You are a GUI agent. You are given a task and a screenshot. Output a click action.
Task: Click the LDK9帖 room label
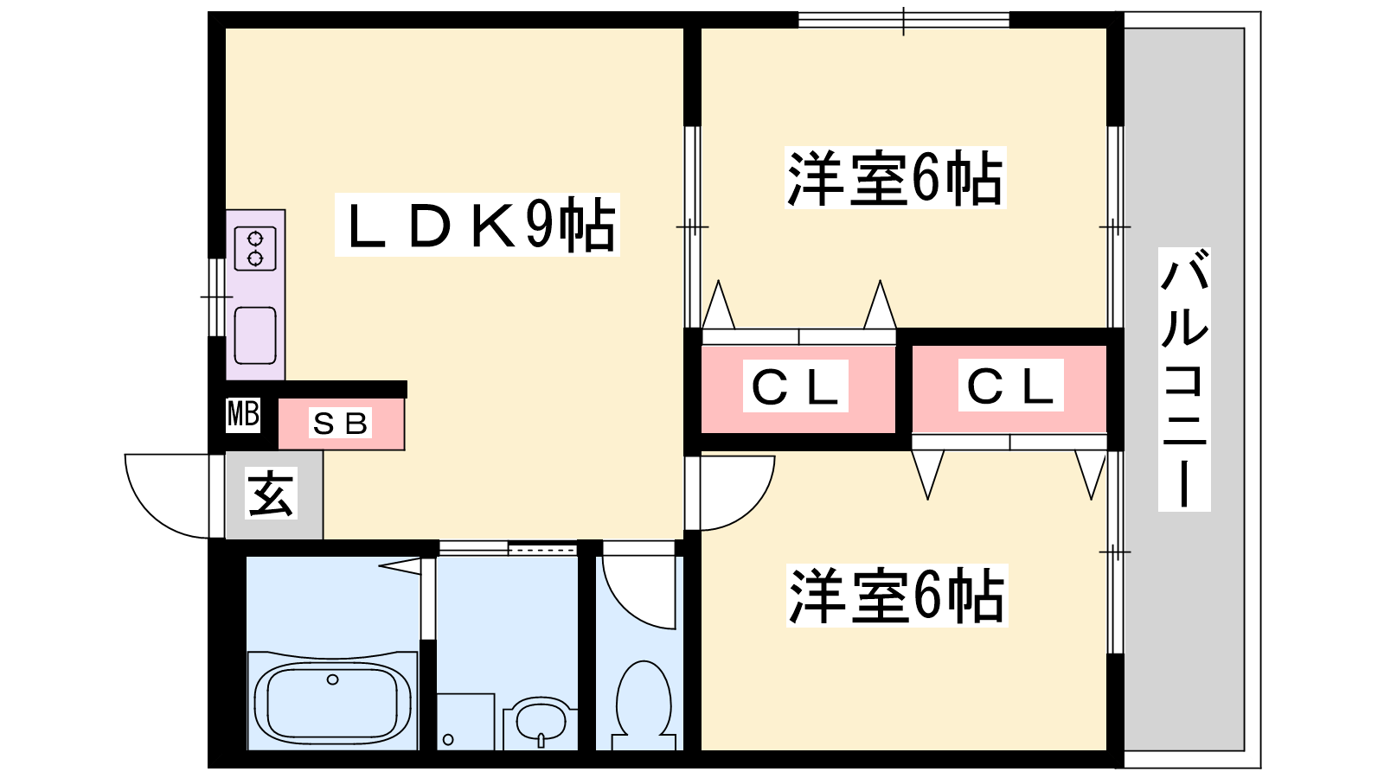pyautogui.click(x=477, y=225)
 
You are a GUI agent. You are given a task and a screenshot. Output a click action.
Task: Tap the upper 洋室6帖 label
pyautogui.click(x=894, y=178)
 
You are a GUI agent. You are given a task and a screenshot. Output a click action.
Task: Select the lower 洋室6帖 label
pyautogui.click(x=896, y=596)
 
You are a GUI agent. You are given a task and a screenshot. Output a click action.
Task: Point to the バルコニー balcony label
pyautogui.click(x=1184, y=379)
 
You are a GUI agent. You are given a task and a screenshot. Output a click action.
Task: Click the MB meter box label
pyautogui.click(x=243, y=414)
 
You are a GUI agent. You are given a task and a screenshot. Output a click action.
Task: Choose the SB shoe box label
pyautogui.click(x=340, y=424)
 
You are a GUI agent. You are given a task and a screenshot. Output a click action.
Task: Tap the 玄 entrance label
pyautogui.click(x=271, y=494)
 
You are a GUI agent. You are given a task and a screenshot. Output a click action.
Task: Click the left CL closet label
pyautogui.click(x=795, y=386)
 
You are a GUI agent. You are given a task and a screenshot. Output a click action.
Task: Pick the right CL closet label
pyautogui.click(x=1010, y=386)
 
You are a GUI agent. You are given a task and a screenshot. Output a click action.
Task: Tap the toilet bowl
pyautogui.click(x=644, y=700)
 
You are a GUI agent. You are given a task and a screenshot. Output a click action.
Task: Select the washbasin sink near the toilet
pyautogui.click(x=541, y=721)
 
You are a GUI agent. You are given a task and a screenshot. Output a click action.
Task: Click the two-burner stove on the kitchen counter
pyautogui.click(x=255, y=247)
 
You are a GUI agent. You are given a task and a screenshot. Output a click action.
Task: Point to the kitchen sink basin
pyautogui.click(x=255, y=335)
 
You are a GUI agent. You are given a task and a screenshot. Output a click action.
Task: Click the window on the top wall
pyautogui.click(x=903, y=19)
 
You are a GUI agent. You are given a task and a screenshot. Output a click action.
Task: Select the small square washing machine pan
pyautogui.click(x=465, y=722)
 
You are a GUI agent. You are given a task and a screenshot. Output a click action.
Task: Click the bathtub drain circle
pyautogui.click(x=333, y=679)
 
